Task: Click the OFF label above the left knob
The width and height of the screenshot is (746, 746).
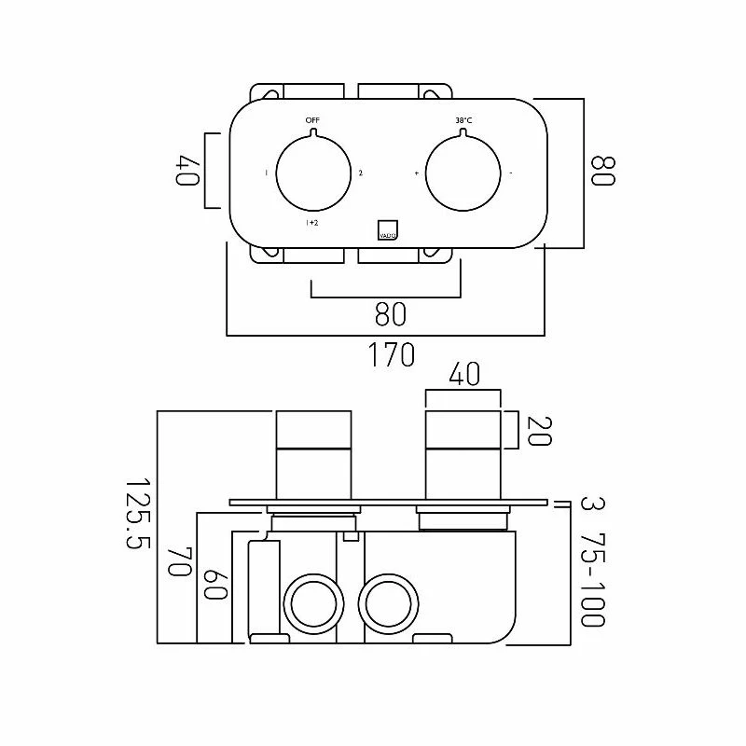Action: coord(311,121)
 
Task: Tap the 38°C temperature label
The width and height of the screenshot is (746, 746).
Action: coord(463,121)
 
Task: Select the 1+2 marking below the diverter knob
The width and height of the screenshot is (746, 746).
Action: coord(312,224)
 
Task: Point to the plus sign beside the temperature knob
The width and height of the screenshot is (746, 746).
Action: coord(416,173)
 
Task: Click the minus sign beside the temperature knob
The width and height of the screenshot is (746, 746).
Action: coord(511,173)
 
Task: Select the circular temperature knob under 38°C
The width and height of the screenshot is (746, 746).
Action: coord(463,173)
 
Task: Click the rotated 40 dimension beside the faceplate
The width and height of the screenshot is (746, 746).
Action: coord(186,171)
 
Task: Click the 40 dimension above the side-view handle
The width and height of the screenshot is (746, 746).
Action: coord(463,375)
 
